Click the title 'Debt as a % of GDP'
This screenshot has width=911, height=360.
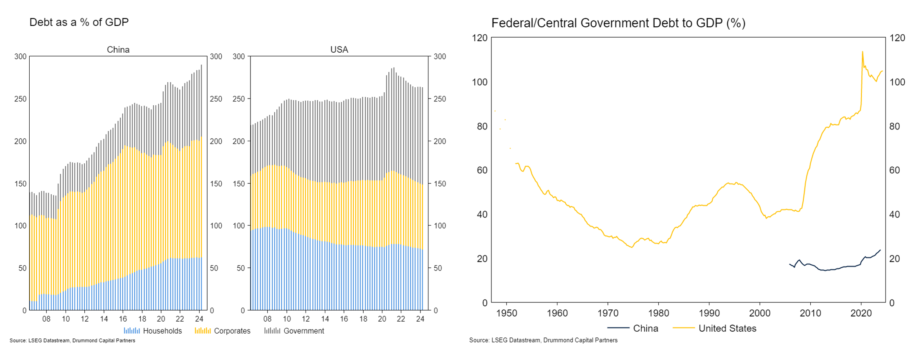pyautogui.click(x=79, y=22)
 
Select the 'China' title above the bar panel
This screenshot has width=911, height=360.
pyautogui.click(x=118, y=50)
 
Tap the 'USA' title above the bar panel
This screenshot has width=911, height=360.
pyautogui.click(x=339, y=50)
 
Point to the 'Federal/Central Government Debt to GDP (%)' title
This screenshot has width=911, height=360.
pyautogui.click(x=618, y=23)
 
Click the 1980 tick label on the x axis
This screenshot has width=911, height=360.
pyautogui.click(x=658, y=313)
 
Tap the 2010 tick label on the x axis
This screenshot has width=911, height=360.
pyautogui.click(x=810, y=313)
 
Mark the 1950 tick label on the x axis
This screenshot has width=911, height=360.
pyautogui.click(x=506, y=313)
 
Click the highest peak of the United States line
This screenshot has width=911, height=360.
pyautogui.click(x=862, y=52)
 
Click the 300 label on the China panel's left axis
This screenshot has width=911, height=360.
pyautogui.click(x=20, y=56)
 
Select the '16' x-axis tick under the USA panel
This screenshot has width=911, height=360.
pyautogui.click(x=344, y=319)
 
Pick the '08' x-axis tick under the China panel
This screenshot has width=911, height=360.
pyautogui.click(x=46, y=319)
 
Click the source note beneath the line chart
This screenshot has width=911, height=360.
pyautogui.click(x=543, y=340)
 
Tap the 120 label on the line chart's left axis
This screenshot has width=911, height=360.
pyautogui.click(x=479, y=38)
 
